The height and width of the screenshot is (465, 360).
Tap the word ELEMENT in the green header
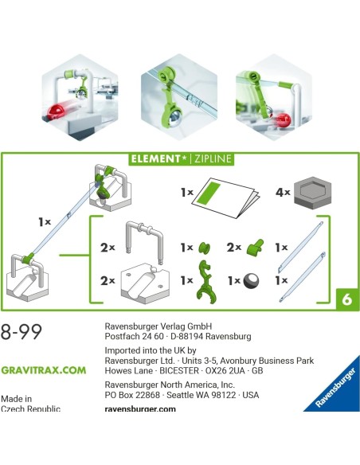tap(158, 158)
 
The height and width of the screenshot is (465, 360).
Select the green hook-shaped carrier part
tap(205, 280)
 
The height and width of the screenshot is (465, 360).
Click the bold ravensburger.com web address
tap(139, 408)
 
